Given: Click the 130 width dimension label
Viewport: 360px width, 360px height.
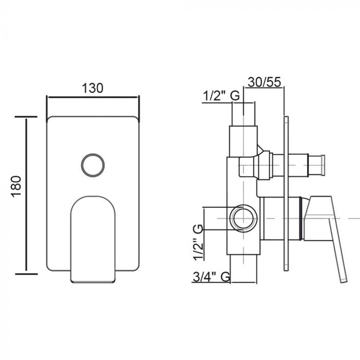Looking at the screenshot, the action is pyautogui.click(x=93, y=88).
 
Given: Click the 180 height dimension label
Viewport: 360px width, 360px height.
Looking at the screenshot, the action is pyautogui.click(x=16, y=186).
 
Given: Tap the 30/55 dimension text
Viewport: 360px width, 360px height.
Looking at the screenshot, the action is pyautogui.click(x=264, y=82).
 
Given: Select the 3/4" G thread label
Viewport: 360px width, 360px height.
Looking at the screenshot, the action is pyautogui.click(x=211, y=277).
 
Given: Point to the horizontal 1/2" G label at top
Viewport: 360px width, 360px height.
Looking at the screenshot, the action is pyautogui.click(x=221, y=96).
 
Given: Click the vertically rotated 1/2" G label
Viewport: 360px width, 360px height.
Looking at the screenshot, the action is pyautogui.click(x=199, y=242).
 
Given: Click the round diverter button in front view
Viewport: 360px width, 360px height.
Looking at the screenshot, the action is pyautogui.click(x=93, y=165).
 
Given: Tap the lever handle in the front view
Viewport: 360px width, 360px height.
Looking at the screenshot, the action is pyautogui.click(x=93, y=239).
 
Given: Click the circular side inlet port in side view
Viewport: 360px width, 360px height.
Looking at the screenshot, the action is pyautogui.click(x=243, y=218).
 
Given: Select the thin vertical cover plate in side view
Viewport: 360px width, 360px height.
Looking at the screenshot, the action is pyautogui.click(x=286, y=193).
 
